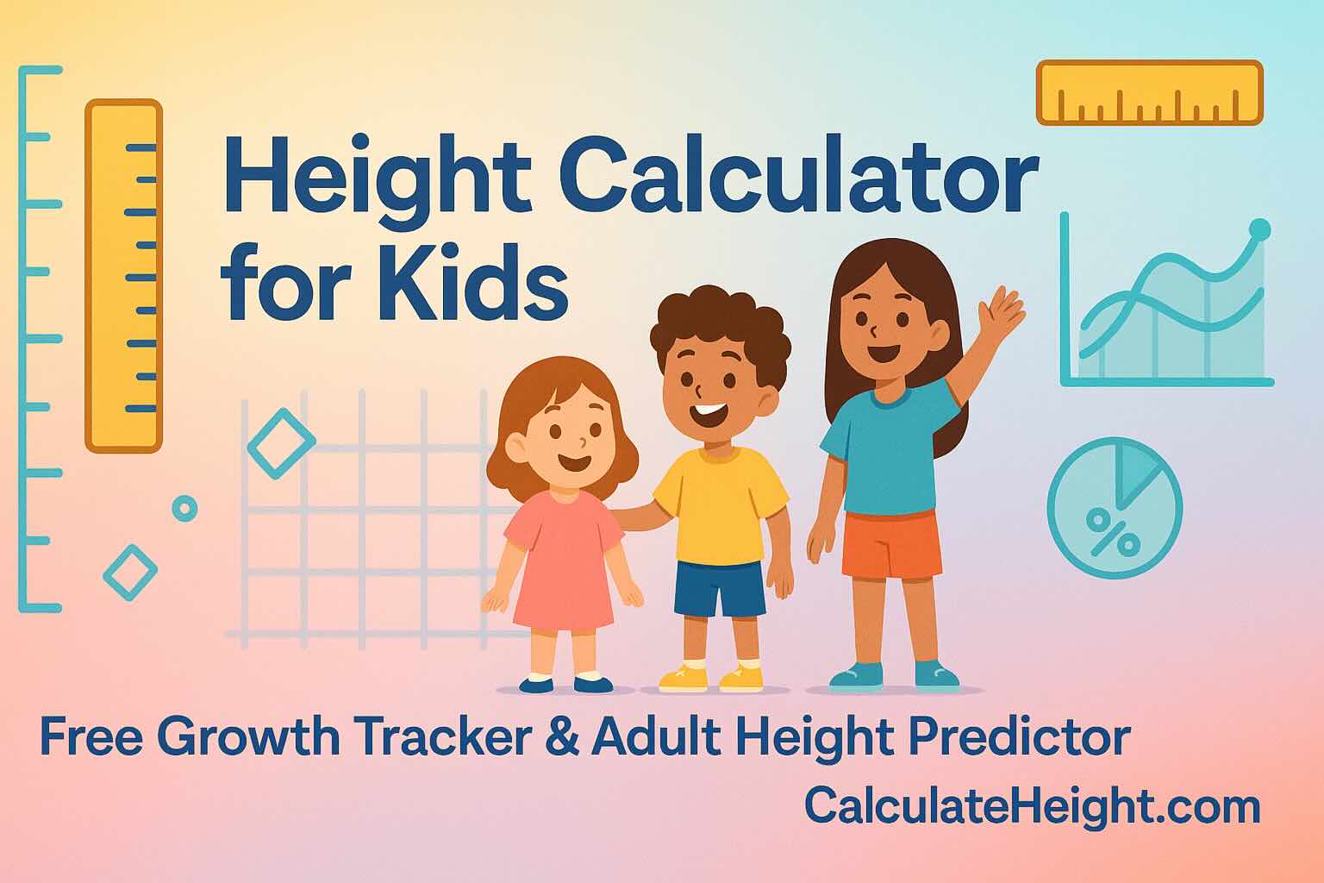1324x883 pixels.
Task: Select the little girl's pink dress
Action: (x=564, y=560)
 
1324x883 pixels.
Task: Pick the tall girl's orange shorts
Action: (x=892, y=543)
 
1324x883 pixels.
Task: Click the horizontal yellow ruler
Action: (x=1149, y=92)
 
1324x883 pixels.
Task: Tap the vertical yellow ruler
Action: (x=122, y=276)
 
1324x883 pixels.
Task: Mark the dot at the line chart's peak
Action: (x=1259, y=229)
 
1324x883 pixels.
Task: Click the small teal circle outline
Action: (x=184, y=509)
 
